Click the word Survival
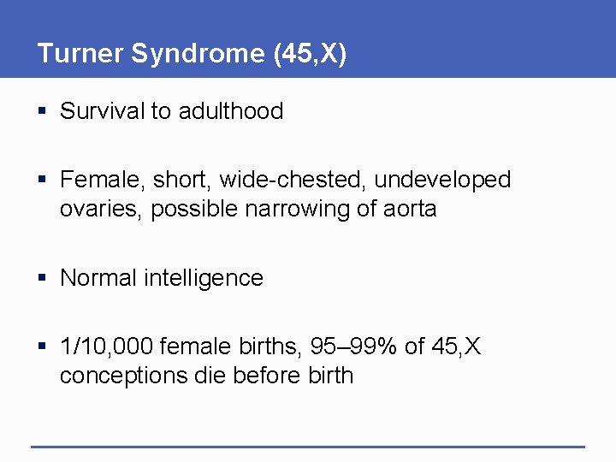103,111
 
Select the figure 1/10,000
107,346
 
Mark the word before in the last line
274,376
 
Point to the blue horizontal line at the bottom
308,447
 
